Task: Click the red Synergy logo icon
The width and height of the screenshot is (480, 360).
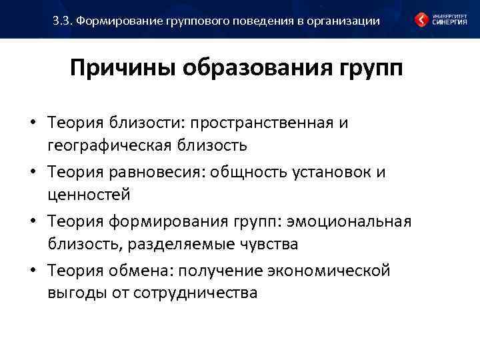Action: coord(422,19)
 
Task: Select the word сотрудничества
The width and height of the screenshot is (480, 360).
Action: coord(195,293)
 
